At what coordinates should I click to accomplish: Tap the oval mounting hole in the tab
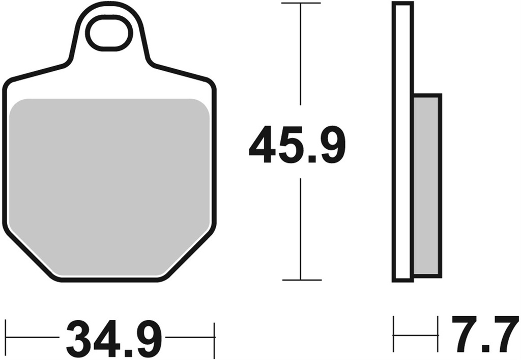coord(108,33)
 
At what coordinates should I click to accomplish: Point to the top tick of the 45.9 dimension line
coord(301,3)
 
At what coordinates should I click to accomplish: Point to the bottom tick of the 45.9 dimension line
coord(301,280)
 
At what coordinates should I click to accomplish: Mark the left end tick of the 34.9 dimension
coord(6,337)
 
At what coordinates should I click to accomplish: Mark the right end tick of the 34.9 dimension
coord(215,337)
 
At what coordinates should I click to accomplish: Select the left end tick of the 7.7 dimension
coord(394,335)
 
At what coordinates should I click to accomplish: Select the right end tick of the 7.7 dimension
coord(438,335)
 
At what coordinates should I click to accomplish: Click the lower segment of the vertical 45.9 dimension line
coord(301,229)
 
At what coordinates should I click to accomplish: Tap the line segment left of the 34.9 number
coord(33,337)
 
